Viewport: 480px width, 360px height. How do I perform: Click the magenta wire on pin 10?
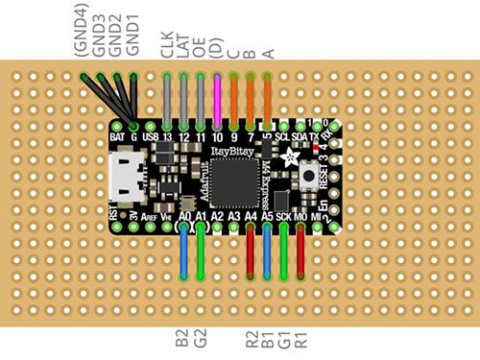pos(217,101)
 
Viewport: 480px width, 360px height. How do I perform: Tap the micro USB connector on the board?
pos(125,180)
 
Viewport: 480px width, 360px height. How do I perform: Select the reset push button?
pos(310,176)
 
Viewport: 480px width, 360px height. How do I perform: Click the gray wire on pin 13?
pos(168,101)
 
